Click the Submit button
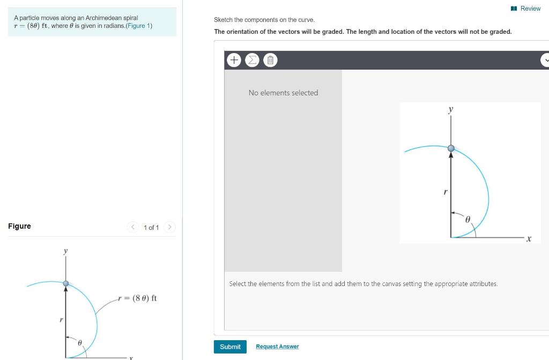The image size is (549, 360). [x=230, y=347]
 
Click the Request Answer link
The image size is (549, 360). [x=277, y=347]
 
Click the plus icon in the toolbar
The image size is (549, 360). [x=234, y=60]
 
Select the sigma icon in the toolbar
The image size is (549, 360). [x=252, y=60]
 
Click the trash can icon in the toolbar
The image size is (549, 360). [x=270, y=60]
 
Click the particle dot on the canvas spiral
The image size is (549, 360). [x=451, y=148]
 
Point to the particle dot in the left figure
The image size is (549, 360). [x=66, y=283]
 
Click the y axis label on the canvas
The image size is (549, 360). [x=450, y=109]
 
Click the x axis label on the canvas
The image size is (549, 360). [x=529, y=239]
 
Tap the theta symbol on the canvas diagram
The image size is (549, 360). [x=467, y=219]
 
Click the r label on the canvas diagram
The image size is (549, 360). [x=445, y=191]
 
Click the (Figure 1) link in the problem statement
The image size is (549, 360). [x=139, y=26]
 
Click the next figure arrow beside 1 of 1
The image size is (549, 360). [x=169, y=227]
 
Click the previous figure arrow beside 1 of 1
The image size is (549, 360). [x=133, y=227]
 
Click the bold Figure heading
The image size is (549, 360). [x=19, y=226]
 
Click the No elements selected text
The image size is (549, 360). [x=283, y=93]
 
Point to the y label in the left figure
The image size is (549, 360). [x=65, y=251]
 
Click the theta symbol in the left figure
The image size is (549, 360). [x=80, y=342]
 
